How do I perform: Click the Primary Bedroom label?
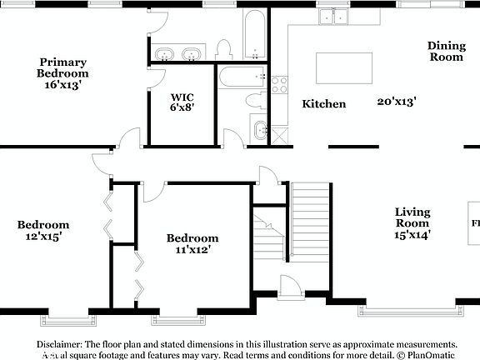tap(62, 67)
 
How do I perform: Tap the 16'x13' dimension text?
tap(62, 84)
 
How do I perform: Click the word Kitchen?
tap(323, 104)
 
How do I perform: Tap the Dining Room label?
tap(446, 52)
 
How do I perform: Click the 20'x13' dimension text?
tap(397, 101)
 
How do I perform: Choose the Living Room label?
tap(412, 217)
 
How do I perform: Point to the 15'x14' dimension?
tap(412, 235)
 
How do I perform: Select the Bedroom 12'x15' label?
tap(43, 230)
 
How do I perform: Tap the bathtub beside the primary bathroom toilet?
tap(254, 35)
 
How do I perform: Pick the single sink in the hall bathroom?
tap(258, 131)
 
